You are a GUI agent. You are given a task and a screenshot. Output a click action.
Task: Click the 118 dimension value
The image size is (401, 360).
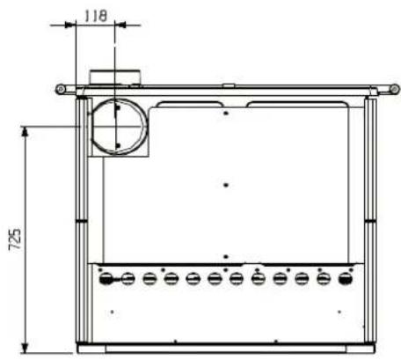click(96, 16)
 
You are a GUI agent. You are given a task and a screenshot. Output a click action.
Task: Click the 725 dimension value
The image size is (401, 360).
click(15, 239)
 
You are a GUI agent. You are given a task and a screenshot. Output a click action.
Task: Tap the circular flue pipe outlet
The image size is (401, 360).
click(119, 127)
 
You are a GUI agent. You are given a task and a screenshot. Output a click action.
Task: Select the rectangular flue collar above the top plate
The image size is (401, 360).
click(115, 77)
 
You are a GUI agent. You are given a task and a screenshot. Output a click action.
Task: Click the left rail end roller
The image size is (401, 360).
click(61, 89)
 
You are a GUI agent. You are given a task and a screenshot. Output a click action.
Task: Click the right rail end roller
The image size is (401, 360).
click(395, 89)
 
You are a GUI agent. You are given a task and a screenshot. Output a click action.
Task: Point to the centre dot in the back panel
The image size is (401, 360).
click(226, 185)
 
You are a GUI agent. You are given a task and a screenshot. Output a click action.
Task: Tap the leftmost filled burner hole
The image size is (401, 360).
click(106, 279)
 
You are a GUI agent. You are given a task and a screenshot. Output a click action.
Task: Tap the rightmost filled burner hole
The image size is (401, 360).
click(346, 278)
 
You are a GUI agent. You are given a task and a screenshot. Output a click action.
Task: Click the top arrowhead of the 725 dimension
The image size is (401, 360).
click(26, 131)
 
